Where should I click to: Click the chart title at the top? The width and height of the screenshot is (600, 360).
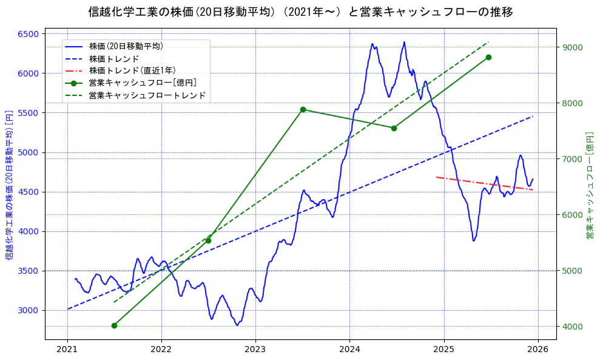(x=300, y=12)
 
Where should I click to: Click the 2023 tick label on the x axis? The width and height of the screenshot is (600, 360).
(x=255, y=349)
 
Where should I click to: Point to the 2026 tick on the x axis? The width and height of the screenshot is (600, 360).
(x=538, y=349)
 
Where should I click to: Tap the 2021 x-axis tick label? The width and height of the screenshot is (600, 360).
(x=67, y=349)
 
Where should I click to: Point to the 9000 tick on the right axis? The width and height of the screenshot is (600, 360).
(x=572, y=47)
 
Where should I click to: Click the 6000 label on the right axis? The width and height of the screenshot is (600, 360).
(x=572, y=215)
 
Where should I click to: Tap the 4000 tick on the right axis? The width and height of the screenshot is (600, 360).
(x=572, y=327)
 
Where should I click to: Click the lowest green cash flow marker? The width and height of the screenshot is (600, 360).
(x=114, y=325)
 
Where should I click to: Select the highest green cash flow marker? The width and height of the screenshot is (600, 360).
(x=488, y=57)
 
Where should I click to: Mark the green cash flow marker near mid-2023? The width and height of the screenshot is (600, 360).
(x=303, y=109)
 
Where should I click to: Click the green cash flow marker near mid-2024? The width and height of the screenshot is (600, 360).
(x=394, y=128)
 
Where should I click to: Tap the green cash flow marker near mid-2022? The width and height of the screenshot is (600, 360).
(x=208, y=240)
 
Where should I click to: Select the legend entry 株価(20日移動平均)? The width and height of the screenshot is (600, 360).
(x=126, y=46)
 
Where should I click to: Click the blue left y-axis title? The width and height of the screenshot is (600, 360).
(x=9, y=185)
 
